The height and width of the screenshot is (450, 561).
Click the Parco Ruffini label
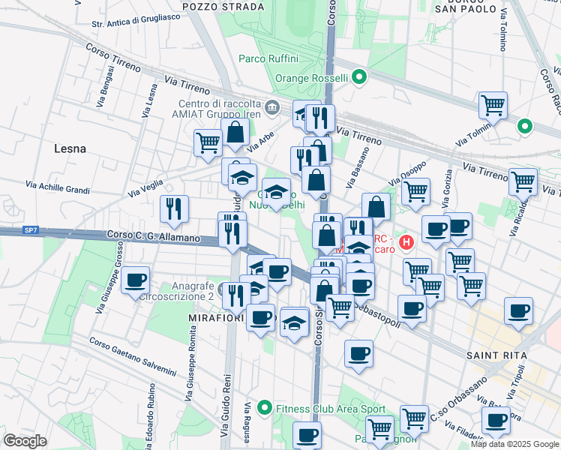pos(268,58)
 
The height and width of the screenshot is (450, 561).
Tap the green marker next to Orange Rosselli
pos(359,77)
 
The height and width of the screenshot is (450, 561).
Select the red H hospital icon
pos(406,242)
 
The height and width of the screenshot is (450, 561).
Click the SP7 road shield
pos(30,230)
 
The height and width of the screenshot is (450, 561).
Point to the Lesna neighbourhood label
pos(70,148)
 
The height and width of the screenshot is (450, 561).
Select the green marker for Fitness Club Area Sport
pos(263,409)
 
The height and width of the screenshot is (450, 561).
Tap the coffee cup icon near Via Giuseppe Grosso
pos(135,280)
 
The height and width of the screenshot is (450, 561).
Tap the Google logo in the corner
pos(25,440)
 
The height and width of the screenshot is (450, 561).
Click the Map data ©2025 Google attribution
pos(514,444)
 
